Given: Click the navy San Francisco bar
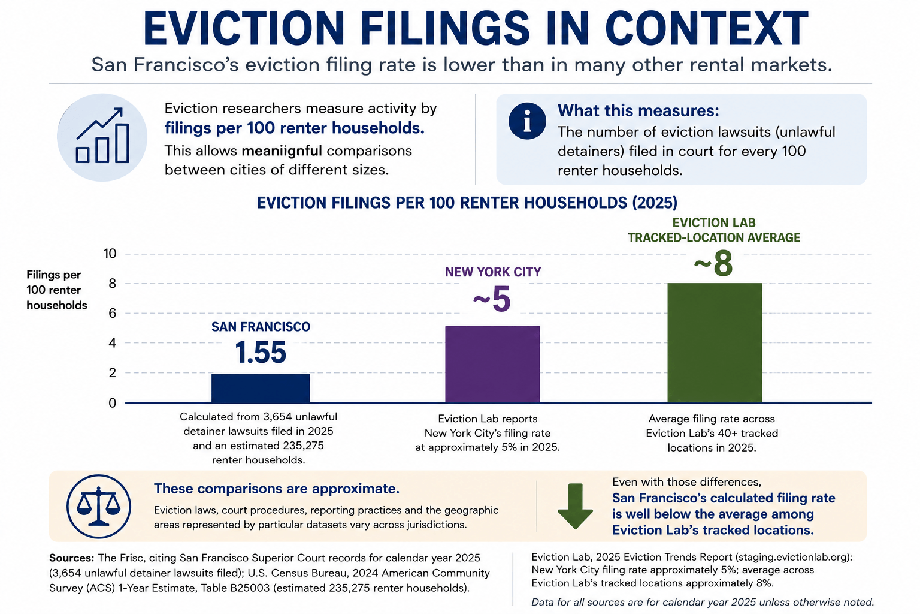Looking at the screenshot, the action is (x=261, y=388).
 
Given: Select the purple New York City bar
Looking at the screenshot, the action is (x=492, y=364).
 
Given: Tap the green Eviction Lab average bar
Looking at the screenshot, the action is (x=715, y=342).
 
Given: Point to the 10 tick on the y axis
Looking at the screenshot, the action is (x=110, y=254).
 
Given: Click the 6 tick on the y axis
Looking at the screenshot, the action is (x=112, y=314).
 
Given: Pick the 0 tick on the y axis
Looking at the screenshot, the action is (x=112, y=403).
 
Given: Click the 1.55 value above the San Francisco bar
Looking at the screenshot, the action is (x=261, y=353).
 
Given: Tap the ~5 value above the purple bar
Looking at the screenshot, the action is (x=492, y=299).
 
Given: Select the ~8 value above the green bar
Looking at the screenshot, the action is (x=713, y=264).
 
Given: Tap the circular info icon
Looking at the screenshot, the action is (x=527, y=121).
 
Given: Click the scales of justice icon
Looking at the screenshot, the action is (x=99, y=507).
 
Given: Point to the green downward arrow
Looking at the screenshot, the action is (x=575, y=506).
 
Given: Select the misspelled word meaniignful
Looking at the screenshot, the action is (x=282, y=151).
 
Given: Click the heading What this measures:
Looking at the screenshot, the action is (x=638, y=110).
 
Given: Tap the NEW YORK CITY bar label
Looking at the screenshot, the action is (x=493, y=272).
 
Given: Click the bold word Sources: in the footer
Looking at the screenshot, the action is (x=71, y=558).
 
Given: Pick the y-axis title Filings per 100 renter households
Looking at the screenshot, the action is (x=57, y=290).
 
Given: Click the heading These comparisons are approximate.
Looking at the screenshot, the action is (x=276, y=489).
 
